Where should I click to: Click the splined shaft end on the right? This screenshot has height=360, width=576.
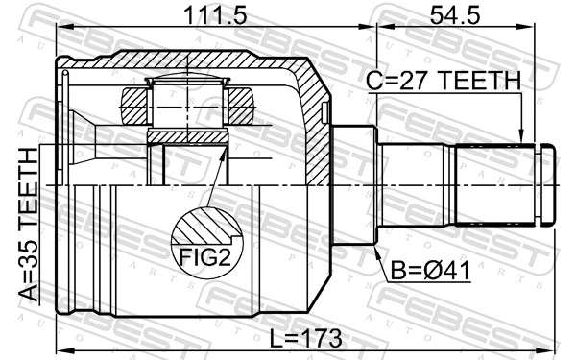tap(494, 182)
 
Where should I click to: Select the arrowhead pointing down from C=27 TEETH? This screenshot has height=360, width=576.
tap(521, 138)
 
